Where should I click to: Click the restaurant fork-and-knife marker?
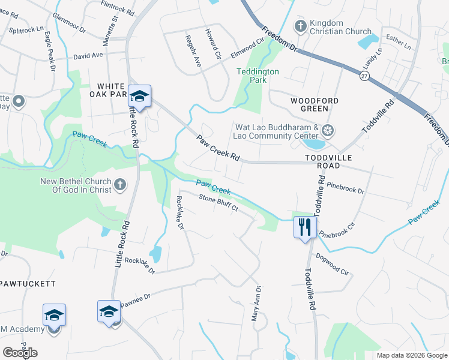pos(305,227)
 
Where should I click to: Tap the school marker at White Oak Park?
pos(139,96)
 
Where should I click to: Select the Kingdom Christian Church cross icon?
pos(300,25)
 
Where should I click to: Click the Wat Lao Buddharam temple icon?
pos(328,130)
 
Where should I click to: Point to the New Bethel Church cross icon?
pos(119,185)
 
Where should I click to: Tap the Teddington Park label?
pos(258,75)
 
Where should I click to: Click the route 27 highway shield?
pos(364,75)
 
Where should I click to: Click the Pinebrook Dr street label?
pos(348,185)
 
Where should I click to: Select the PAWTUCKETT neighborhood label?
pos(28,283)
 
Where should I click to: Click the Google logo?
pos(20,352)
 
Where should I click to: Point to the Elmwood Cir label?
pos(247,47)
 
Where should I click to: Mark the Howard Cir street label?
pos(212,43)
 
